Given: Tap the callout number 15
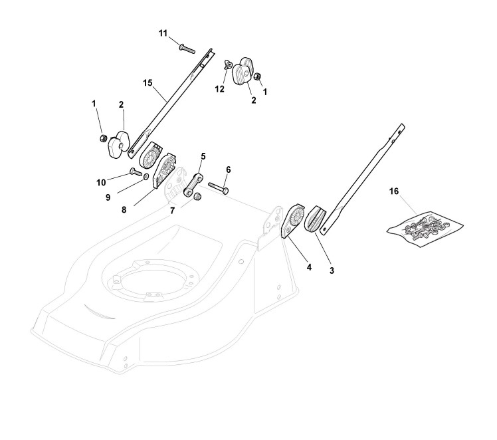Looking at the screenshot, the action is coord(148,82).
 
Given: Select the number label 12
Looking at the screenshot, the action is coord(220,87).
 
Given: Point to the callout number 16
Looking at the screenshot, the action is coord(394,191).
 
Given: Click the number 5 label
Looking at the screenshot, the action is coord(203,156).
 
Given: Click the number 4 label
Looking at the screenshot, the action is coord(290,267).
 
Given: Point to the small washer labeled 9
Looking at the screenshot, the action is coord(146,177).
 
